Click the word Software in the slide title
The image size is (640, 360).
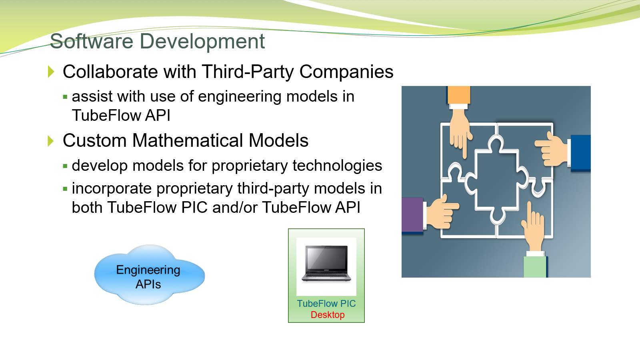tap(92, 41)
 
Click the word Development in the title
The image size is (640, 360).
tap(202, 41)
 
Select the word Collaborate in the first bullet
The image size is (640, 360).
tap(110, 72)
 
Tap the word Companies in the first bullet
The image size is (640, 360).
tap(346, 72)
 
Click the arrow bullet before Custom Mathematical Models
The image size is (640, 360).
tap(51, 141)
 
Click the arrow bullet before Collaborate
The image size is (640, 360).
tap(51, 72)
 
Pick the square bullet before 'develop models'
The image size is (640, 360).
tap(65, 166)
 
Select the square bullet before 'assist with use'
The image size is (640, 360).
tap(65, 97)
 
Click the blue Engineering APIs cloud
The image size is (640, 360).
tap(150, 275)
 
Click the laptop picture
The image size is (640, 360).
tap(326, 264)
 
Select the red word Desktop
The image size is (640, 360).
tap(328, 315)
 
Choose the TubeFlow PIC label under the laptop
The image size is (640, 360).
tap(326, 304)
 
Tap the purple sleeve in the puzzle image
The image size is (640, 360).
tap(412, 215)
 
